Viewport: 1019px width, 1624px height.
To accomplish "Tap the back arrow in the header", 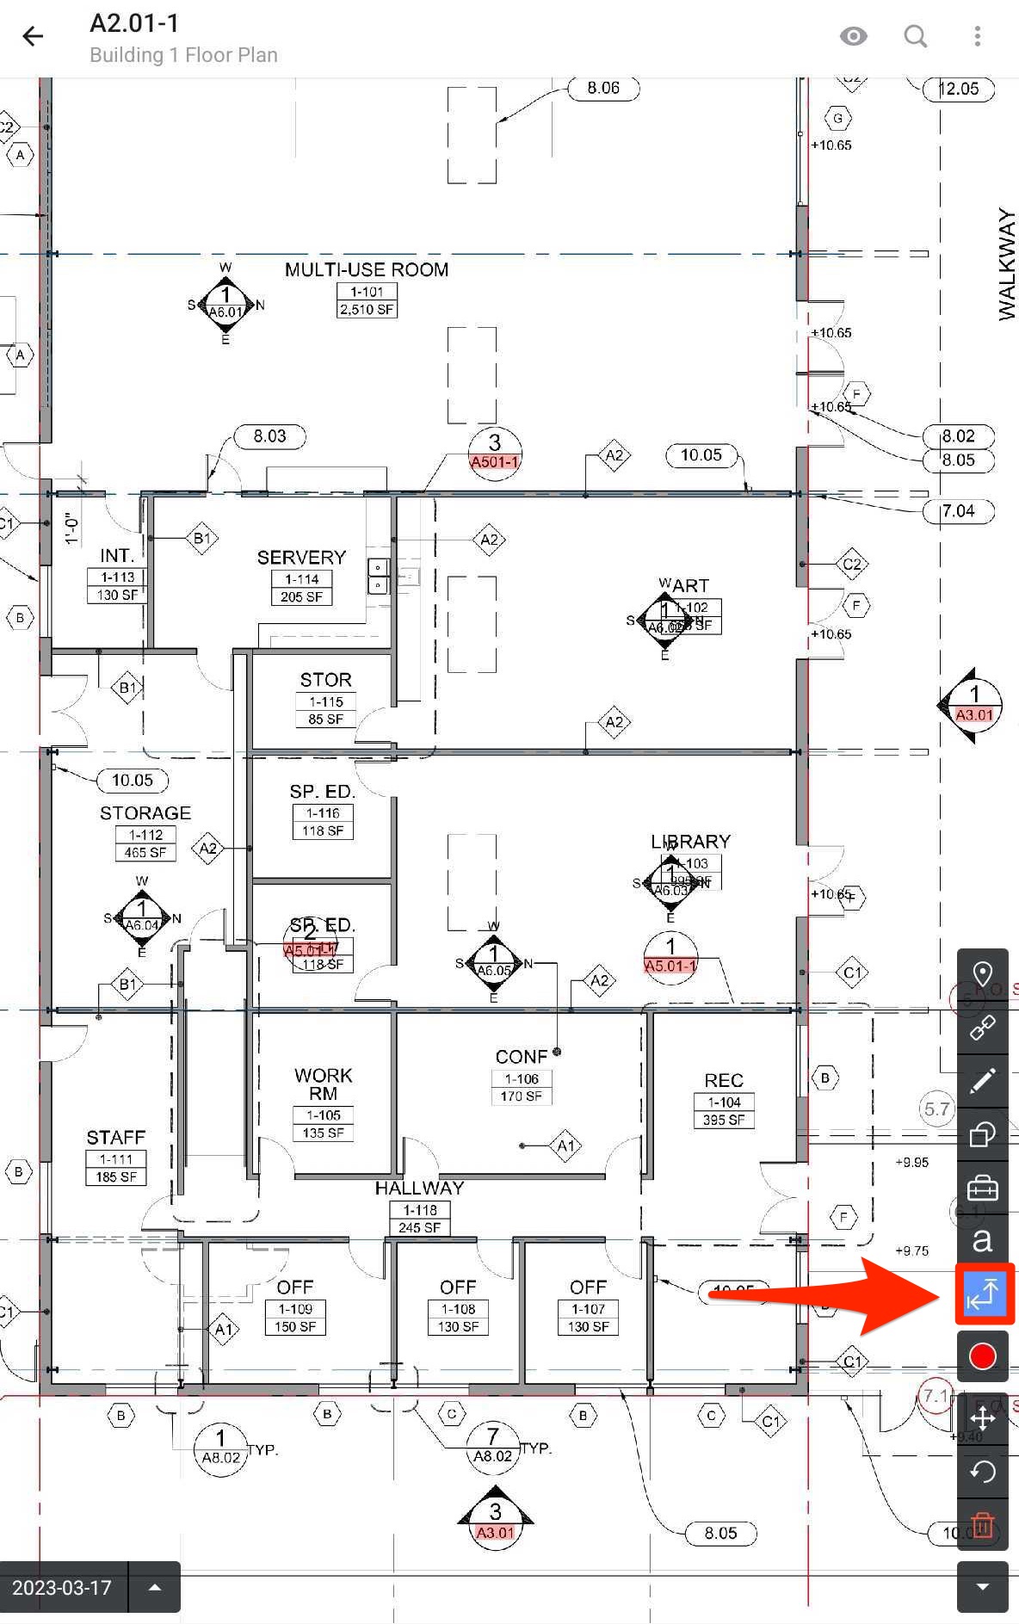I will pyautogui.click(x=33, y=36).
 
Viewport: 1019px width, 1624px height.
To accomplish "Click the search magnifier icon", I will pyautogui.click(x=915, y=36).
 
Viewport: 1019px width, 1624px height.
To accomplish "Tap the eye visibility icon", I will pyautogui.click(x=853, y=36).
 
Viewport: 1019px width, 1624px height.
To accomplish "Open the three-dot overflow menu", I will pyautogui.click(x=977, y=36).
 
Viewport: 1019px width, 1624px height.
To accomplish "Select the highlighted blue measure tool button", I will pyautogui.click(x=982, y=1294).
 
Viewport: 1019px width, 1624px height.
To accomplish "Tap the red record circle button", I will pyautogui.click(x=982, y=1356).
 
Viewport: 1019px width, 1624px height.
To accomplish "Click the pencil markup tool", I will pyautogui.click(x=982, y=1081).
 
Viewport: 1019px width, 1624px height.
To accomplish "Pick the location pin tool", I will pyautogui.click(x=982, y=974).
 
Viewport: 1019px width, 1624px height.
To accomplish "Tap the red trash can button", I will pyautogui.click(x=982, y=1526).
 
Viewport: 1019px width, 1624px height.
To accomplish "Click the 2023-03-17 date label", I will pyautogui.click(x=62, y=1587).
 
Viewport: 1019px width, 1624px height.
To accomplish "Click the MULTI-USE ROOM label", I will pyautogui.click(x=367, y=269).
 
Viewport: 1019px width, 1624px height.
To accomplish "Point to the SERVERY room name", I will pyautogui.click(x=301, y=557).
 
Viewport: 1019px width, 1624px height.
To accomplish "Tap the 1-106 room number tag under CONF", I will pyautogui.click(x=522, y=1078).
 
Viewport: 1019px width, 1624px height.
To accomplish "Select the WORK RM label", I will pyautogui.click(x=323, y=1084).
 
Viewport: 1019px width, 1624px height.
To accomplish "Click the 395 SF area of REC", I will pyautogui.click(x=724, y=1120).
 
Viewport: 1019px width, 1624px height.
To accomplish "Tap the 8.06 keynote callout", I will pyautogui.click(x=603, y=88).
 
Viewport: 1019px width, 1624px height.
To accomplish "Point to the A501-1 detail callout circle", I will pyautogui.click(x=495, y=454).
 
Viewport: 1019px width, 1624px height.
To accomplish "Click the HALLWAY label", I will pyautogui.click(x=419, y=1188).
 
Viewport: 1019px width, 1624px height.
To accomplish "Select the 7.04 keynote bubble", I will pyautogui.click(x=958, y=511).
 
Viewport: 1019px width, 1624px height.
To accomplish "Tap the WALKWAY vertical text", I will pyautogui.click(x=1006, y=264).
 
